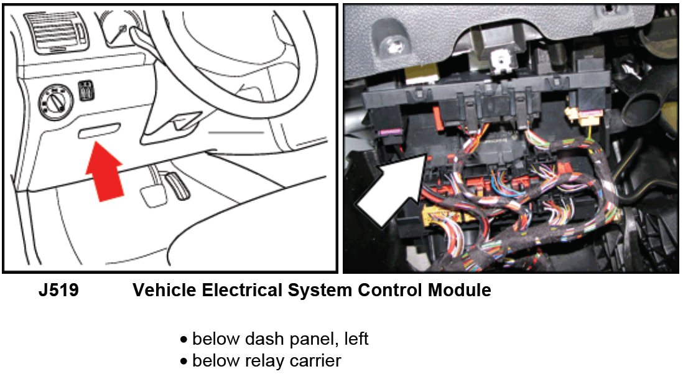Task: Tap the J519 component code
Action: coord(58,290)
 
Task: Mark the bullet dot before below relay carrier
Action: coord(184,362)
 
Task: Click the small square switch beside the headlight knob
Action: coord(85,89)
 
